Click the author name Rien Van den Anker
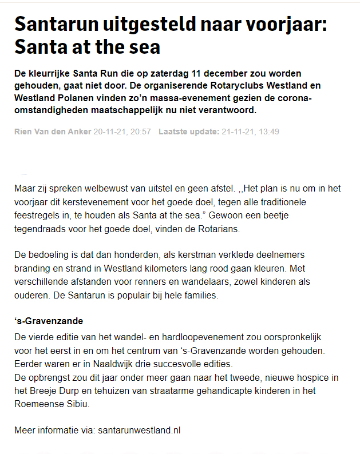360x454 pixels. point(53,132)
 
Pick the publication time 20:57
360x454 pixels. point(140,132)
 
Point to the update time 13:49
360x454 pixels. point(269,132)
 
